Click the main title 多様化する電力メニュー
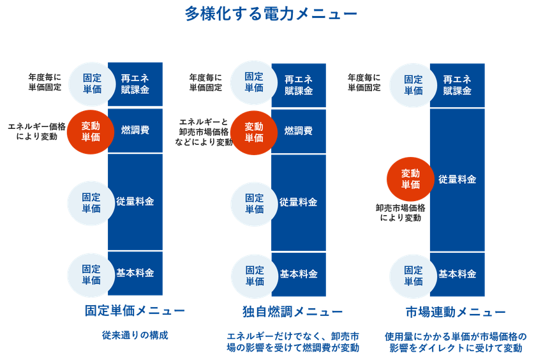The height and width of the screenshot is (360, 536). tap(271, 13)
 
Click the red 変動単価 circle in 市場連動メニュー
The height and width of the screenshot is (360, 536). tap(410, 179)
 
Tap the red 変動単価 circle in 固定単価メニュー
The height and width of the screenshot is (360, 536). tap(91, 132)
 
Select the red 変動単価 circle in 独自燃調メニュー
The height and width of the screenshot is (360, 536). tap(254, 133)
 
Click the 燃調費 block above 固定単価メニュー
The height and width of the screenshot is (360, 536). tap(135, 130)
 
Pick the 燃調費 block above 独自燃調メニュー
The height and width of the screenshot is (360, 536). tap(299, 131)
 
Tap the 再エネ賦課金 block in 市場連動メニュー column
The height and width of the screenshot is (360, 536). tap(457, 85)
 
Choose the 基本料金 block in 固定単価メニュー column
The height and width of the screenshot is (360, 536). tap(135, 273)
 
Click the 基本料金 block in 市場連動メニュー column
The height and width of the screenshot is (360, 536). tap(457, 274)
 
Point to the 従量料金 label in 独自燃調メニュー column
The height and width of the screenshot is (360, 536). tap(298, 202)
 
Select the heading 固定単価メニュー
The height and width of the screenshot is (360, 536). tap(135, 311)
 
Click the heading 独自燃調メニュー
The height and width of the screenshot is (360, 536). tap(293, 311)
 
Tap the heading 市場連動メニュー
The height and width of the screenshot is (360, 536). tap(456, 311)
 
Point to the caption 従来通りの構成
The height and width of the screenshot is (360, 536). tap(135, 335)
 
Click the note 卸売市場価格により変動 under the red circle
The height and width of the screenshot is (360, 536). tap(401, 213)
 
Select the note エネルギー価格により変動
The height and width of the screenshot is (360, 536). tap(36, 131)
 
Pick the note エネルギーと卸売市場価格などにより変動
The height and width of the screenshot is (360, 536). tap(204, 132)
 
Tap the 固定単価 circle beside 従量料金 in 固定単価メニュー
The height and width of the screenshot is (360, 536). tap(91, 203)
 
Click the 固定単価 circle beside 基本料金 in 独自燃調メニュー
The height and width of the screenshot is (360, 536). tap(255, 276)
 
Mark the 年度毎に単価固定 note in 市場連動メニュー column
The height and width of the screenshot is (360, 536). tap(364, 83)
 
